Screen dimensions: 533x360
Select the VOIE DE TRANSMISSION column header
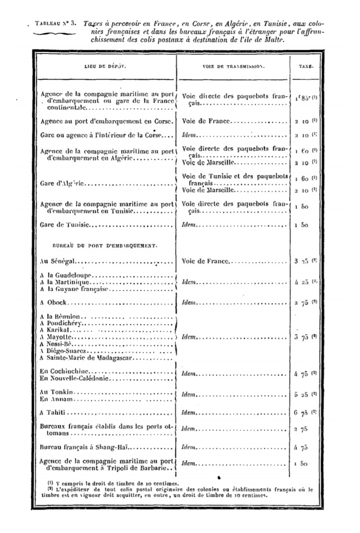233,66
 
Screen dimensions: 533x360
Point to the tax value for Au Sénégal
302,260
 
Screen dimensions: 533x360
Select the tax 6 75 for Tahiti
302,413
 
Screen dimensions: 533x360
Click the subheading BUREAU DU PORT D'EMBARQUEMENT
105,245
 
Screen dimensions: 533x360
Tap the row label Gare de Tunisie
64,225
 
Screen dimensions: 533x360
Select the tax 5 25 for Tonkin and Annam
302,394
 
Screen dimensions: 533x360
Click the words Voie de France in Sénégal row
205,260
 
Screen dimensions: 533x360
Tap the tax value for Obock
302,302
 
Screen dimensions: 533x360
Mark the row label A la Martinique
65,282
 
